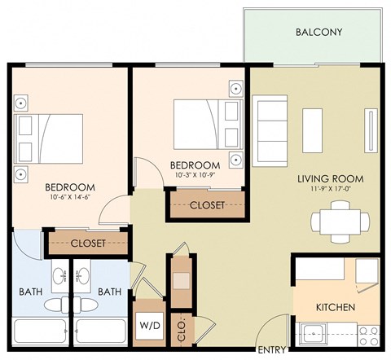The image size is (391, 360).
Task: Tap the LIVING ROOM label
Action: pos(329,178)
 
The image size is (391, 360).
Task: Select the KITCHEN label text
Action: pos(336,307)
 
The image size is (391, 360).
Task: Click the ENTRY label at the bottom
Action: pos(271,350)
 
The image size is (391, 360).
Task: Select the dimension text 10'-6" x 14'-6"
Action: pos(69,195)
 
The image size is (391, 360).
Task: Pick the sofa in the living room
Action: pos(270,128)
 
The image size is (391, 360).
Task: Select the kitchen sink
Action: pos(313,332)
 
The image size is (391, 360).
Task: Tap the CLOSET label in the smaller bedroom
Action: pos(207,205)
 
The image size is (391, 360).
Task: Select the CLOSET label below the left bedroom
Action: pos(87,243)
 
